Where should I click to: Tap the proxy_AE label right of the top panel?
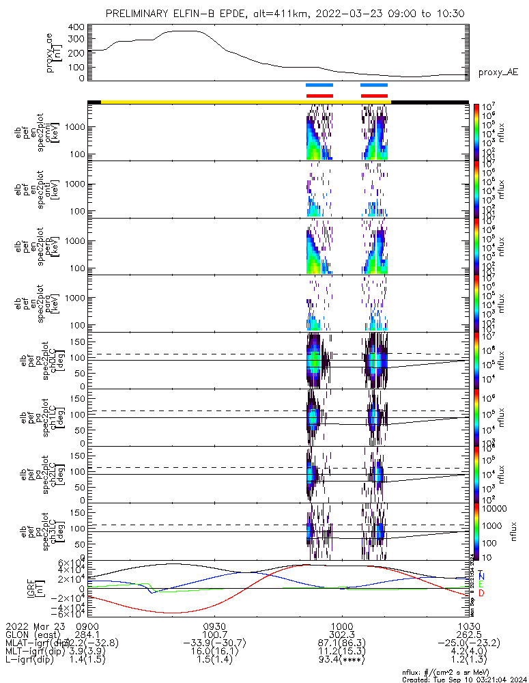coord(498,72)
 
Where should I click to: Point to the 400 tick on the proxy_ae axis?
coord(76,27)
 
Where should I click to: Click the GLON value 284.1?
coord(88,635)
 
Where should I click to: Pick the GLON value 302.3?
coord(341,635)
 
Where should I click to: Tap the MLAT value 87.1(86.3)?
coord(341,643)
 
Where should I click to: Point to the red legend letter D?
coord(481,594)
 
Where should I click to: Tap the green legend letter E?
coord(481,585)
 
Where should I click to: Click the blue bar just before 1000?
coord(319,85)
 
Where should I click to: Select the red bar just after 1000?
coord(373,96)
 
